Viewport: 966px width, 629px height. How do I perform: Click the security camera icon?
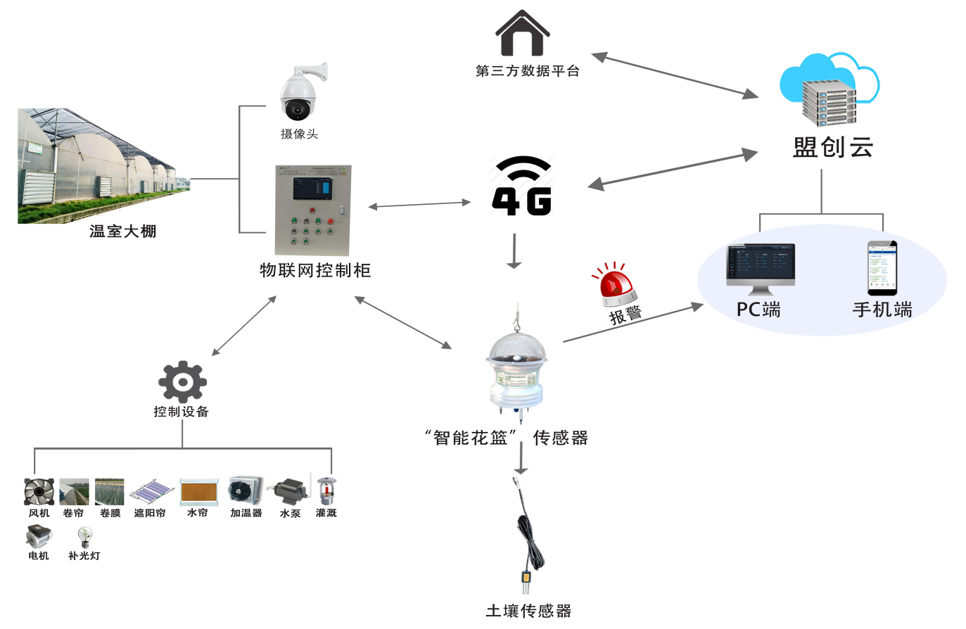click(x=298, y=95)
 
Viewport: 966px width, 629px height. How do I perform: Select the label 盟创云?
click(x=833, y=147)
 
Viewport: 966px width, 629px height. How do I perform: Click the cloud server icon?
click(x=830, y=89)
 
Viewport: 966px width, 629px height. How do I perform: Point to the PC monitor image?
click(x=760, y=267)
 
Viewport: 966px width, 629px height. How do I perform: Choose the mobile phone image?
click(x=882, y=267)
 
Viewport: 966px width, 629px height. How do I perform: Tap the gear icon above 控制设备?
click(x=182, y=382)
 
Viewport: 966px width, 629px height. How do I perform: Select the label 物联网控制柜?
click(x=314, y=270)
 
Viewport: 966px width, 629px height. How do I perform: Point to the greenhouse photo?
click(x=98, y=167)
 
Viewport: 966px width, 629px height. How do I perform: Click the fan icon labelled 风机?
click(x=39, y=491)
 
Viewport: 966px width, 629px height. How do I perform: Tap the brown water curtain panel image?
click(x=198, y=491)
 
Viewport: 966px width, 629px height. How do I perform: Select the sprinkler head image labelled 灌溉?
click(x=325, y=490)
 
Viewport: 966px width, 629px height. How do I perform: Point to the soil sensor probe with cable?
click(x=527, y=535)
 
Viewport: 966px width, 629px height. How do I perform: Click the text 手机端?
click(x=882, y=310)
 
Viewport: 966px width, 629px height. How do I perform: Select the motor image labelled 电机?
click(x=39, y=538)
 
